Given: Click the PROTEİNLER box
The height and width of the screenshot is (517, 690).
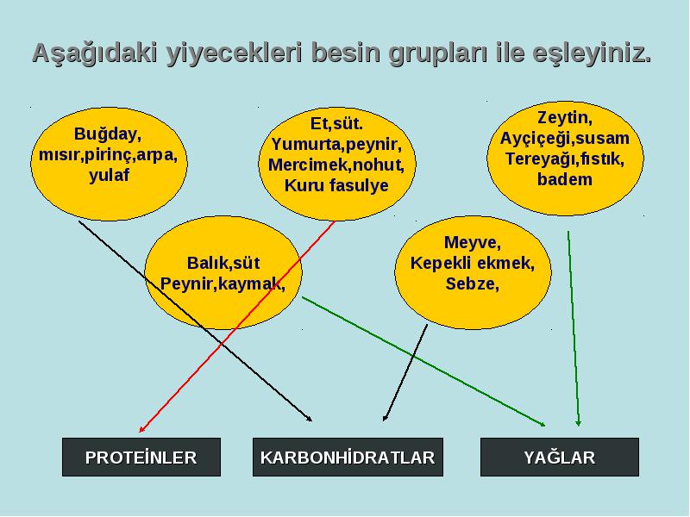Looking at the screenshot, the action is click(x=141, y=457).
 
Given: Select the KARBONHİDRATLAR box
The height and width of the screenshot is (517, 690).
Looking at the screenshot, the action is click(x=348, y=457).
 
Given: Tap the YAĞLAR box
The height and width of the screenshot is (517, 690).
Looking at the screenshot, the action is click(x=559, y=457).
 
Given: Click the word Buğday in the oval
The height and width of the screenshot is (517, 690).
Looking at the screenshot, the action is click(x=106, y=134).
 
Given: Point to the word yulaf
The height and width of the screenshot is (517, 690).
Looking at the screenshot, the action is click(x=110, y=175).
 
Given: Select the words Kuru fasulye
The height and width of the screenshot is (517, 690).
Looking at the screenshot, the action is click(x=336, y=185).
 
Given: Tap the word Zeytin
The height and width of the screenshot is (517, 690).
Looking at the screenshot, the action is click(x=564, y=118).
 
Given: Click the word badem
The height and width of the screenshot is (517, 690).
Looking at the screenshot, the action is click(x=565, y=179).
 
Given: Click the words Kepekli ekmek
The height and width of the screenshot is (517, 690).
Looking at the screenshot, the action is click(x=472, y=264).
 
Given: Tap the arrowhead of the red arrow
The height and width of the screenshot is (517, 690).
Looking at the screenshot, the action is click(x=141, y=431).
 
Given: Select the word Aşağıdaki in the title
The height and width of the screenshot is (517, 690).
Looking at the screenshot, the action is click(x=95, y=53).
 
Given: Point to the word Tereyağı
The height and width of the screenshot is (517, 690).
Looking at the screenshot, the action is click(x=537, y=159).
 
